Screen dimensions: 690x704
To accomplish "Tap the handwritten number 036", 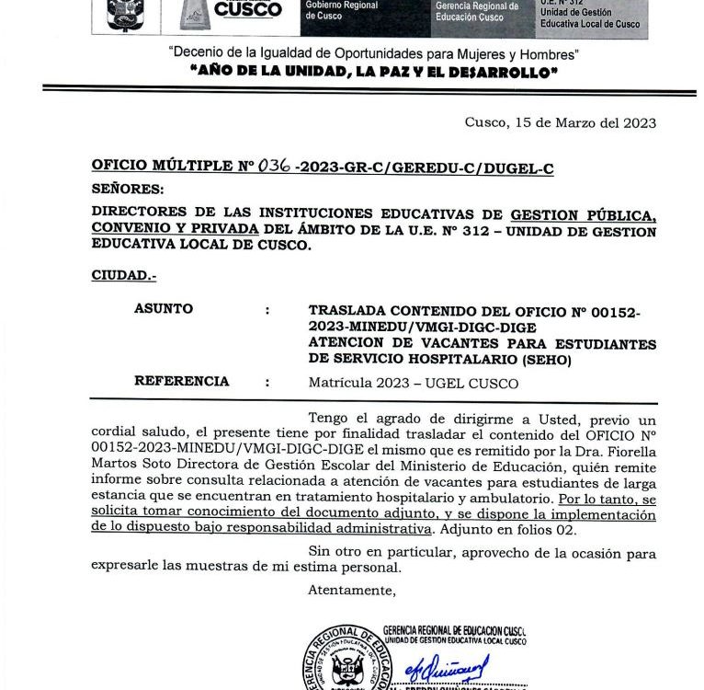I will (x=275, y=166).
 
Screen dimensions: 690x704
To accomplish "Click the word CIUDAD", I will (x=123, y=275).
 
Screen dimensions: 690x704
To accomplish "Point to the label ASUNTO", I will (x=164, y=309).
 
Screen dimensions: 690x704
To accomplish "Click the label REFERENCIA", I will (x=182, y=381).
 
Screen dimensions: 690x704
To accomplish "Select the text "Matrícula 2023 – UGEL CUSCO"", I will (x=414, y=384).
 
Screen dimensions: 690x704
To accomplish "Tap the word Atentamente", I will (x=353, y=590).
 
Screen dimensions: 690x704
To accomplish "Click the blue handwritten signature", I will (x=451, y=666).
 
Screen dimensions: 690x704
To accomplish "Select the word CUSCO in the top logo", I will (x=247, y=10).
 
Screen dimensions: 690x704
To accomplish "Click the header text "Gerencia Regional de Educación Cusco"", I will (x=477, y=12).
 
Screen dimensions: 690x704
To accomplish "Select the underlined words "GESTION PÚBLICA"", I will (x=584, y=215).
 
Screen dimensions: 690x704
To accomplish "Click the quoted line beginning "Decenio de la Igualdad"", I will (x=373, y=53).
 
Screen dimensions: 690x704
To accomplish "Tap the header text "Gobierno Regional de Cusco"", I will (x=341, y=11).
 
